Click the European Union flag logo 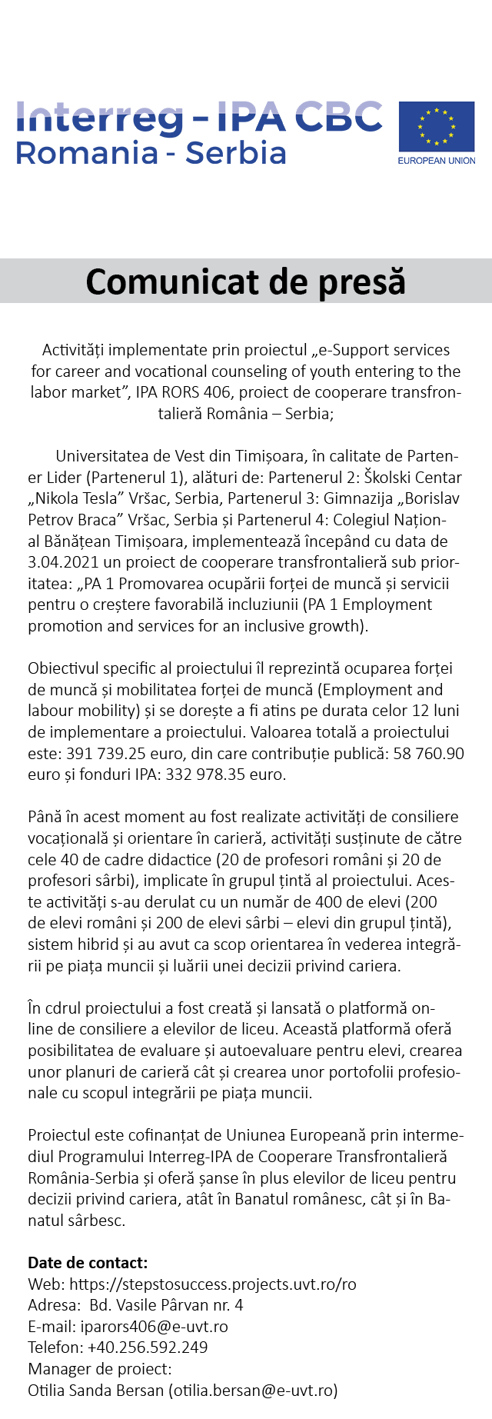coord(436,126)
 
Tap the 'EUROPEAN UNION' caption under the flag coord(436,161)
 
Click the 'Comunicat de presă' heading coord(245,281)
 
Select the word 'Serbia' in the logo coord(236,153)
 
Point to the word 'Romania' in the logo coord(86,153)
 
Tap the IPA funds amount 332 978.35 coord(207,774)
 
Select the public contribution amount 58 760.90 coord(428,754)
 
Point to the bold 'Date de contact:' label coord(88,1263)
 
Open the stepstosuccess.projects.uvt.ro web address coord(213,1284)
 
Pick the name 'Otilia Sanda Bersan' coord(96,1391)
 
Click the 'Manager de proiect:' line coord(100,1369)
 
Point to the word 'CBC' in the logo coord(338,117)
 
